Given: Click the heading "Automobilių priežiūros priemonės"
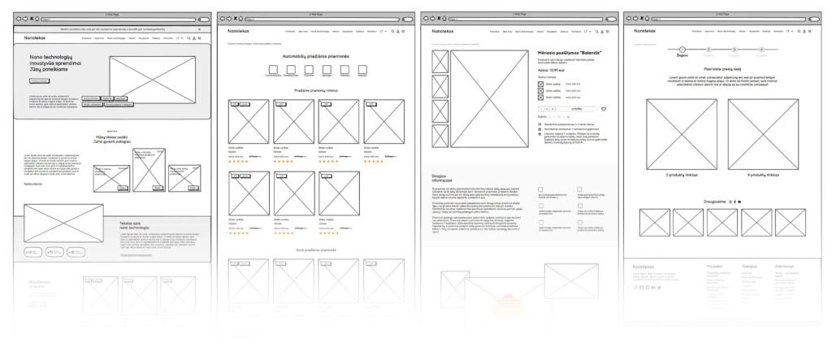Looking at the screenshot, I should point(315,56).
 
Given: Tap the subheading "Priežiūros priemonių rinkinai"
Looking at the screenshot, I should point(315,90).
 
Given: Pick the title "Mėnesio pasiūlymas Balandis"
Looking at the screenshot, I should point(575,53).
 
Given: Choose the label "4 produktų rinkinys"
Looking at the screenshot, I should point(763,175).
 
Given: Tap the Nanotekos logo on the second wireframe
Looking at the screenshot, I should point(239,31).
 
